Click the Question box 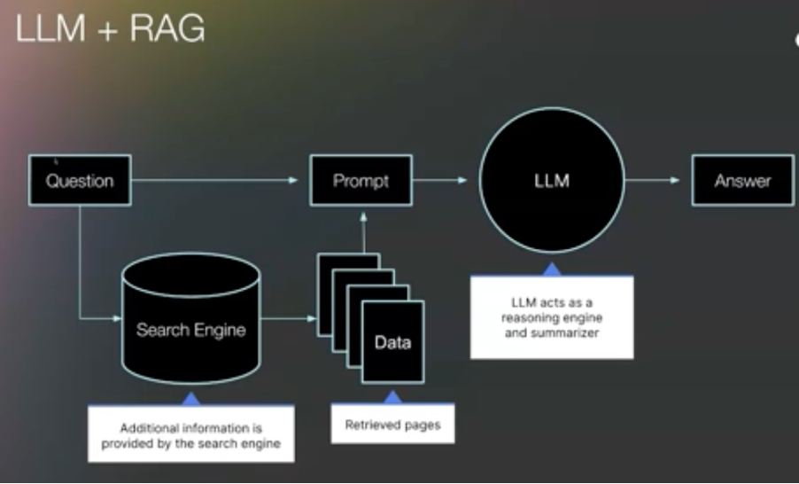point(80,181)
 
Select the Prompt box point(361,181)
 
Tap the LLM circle point(552,181)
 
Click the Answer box point(742,181)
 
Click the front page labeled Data point(392,342)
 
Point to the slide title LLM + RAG point(110,29)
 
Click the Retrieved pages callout point(392,425)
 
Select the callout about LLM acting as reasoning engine point(551,317)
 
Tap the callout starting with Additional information point(190,434)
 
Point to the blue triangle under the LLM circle point(552,268)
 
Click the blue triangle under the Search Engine point(190,399)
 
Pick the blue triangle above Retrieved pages point(392,398)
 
